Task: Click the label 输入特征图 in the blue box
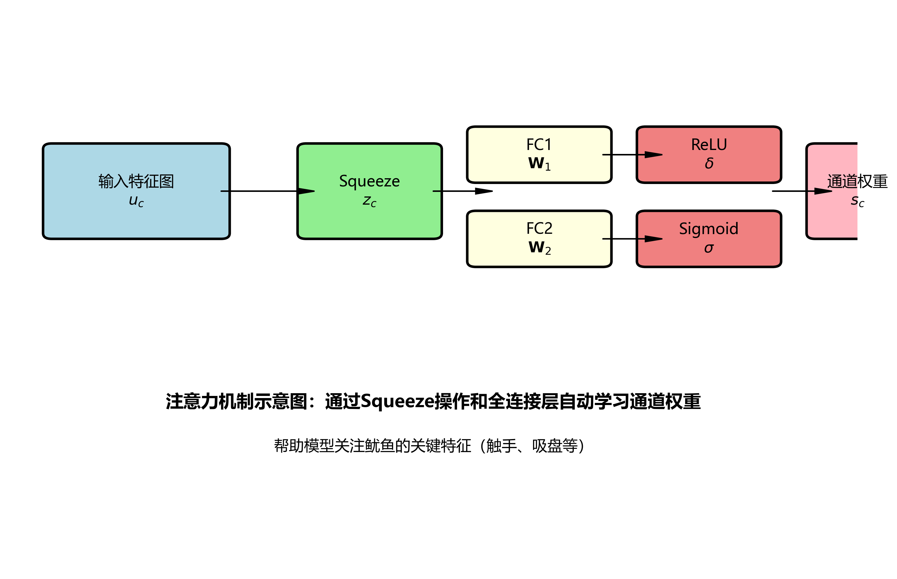pyautogui.click(x=136, y=181)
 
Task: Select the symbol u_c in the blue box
pyautogui.click(x=136, y=201)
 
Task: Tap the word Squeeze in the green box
pyautogui.click(x=369, y=181)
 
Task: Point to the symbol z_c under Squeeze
pyautogui.click(x=369, y=201)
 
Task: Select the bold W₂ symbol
pyautogui.click(x=539, y=248)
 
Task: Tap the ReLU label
pyautogui.click(x=708, y=145)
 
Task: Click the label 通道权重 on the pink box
pyautogui.click(x=857, y=181)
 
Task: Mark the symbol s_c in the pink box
pyautogui.click(x=857, y=201)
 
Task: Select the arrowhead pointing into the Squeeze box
pyautogui.click(x=306, y=191)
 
